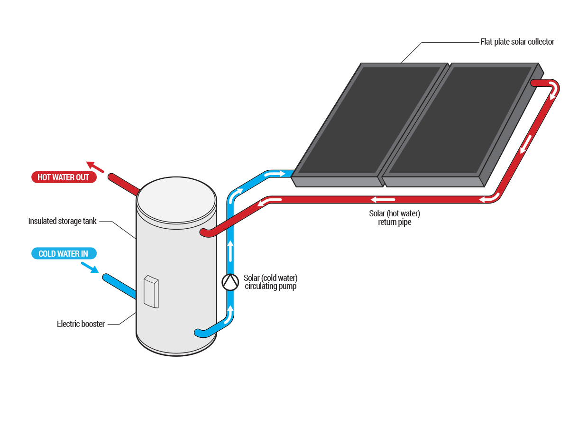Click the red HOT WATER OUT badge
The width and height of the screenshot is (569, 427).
click(x=64, y=177)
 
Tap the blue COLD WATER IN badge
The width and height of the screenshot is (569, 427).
click(x=64, y=254)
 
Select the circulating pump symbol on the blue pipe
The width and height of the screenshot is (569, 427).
click(x=230, y=282)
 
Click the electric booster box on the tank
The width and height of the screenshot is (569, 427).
click(x=151, y=291)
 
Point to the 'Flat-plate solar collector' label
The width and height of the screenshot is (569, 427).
click(x=517, y=42)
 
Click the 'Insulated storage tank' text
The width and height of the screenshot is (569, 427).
click(x=62, y=221)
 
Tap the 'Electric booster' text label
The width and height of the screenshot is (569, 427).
click(x=81, y=325)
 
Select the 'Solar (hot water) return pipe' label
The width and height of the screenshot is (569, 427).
click(x=395, y=218)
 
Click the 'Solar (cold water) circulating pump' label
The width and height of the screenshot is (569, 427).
click(x=271, y=282)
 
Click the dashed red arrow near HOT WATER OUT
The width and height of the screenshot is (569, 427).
click(x=95, y=166)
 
